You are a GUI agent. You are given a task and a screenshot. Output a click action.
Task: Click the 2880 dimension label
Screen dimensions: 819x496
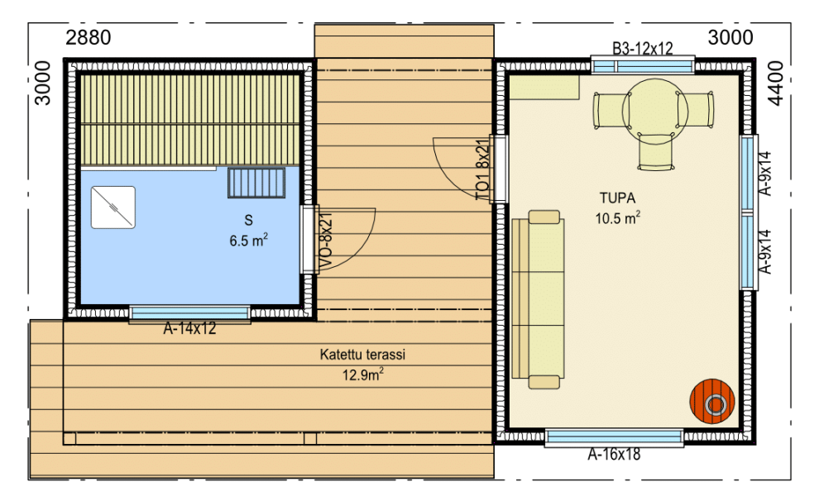pos(89,37)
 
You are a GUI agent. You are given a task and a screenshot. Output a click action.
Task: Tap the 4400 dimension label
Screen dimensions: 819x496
pos(777,83)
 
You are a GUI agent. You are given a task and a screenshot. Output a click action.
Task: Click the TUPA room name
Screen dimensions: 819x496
pos(617,198)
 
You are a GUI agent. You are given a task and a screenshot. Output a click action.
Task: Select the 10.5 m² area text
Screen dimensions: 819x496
pos(618,217)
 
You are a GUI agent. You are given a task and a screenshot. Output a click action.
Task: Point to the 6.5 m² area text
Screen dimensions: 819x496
pos(249,241)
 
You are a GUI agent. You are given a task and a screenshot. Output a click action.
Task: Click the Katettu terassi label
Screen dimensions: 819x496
pos(362,355)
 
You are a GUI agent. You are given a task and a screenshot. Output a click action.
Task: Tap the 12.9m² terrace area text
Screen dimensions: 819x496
pos(363,374)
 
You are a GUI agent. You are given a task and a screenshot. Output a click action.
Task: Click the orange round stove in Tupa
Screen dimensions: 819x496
pos(712,402)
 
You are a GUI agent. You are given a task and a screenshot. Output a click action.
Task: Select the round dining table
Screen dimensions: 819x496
pos(654,112)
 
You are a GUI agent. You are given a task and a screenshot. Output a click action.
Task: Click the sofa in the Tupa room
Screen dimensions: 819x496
pos(539,299)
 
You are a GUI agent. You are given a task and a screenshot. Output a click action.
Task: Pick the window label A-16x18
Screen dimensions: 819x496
pos(614,455)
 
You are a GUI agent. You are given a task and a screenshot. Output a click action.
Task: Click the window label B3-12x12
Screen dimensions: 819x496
pos(643,49)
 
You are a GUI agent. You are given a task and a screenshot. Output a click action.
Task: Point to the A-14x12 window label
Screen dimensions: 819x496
pos(189,328)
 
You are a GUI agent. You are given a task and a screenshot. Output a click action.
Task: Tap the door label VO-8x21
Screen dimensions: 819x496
pos(325,241)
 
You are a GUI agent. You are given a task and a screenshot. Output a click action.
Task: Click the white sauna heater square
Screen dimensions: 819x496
pos(113,207)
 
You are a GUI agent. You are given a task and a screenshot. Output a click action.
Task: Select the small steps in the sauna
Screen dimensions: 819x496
pos(256,183)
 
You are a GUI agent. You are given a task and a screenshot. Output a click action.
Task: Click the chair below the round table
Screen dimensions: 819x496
pos(656,151)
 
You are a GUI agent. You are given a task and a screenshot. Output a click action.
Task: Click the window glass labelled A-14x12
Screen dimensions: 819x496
pos(189,312)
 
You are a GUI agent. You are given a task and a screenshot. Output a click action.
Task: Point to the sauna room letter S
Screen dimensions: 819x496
pos(249,221)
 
